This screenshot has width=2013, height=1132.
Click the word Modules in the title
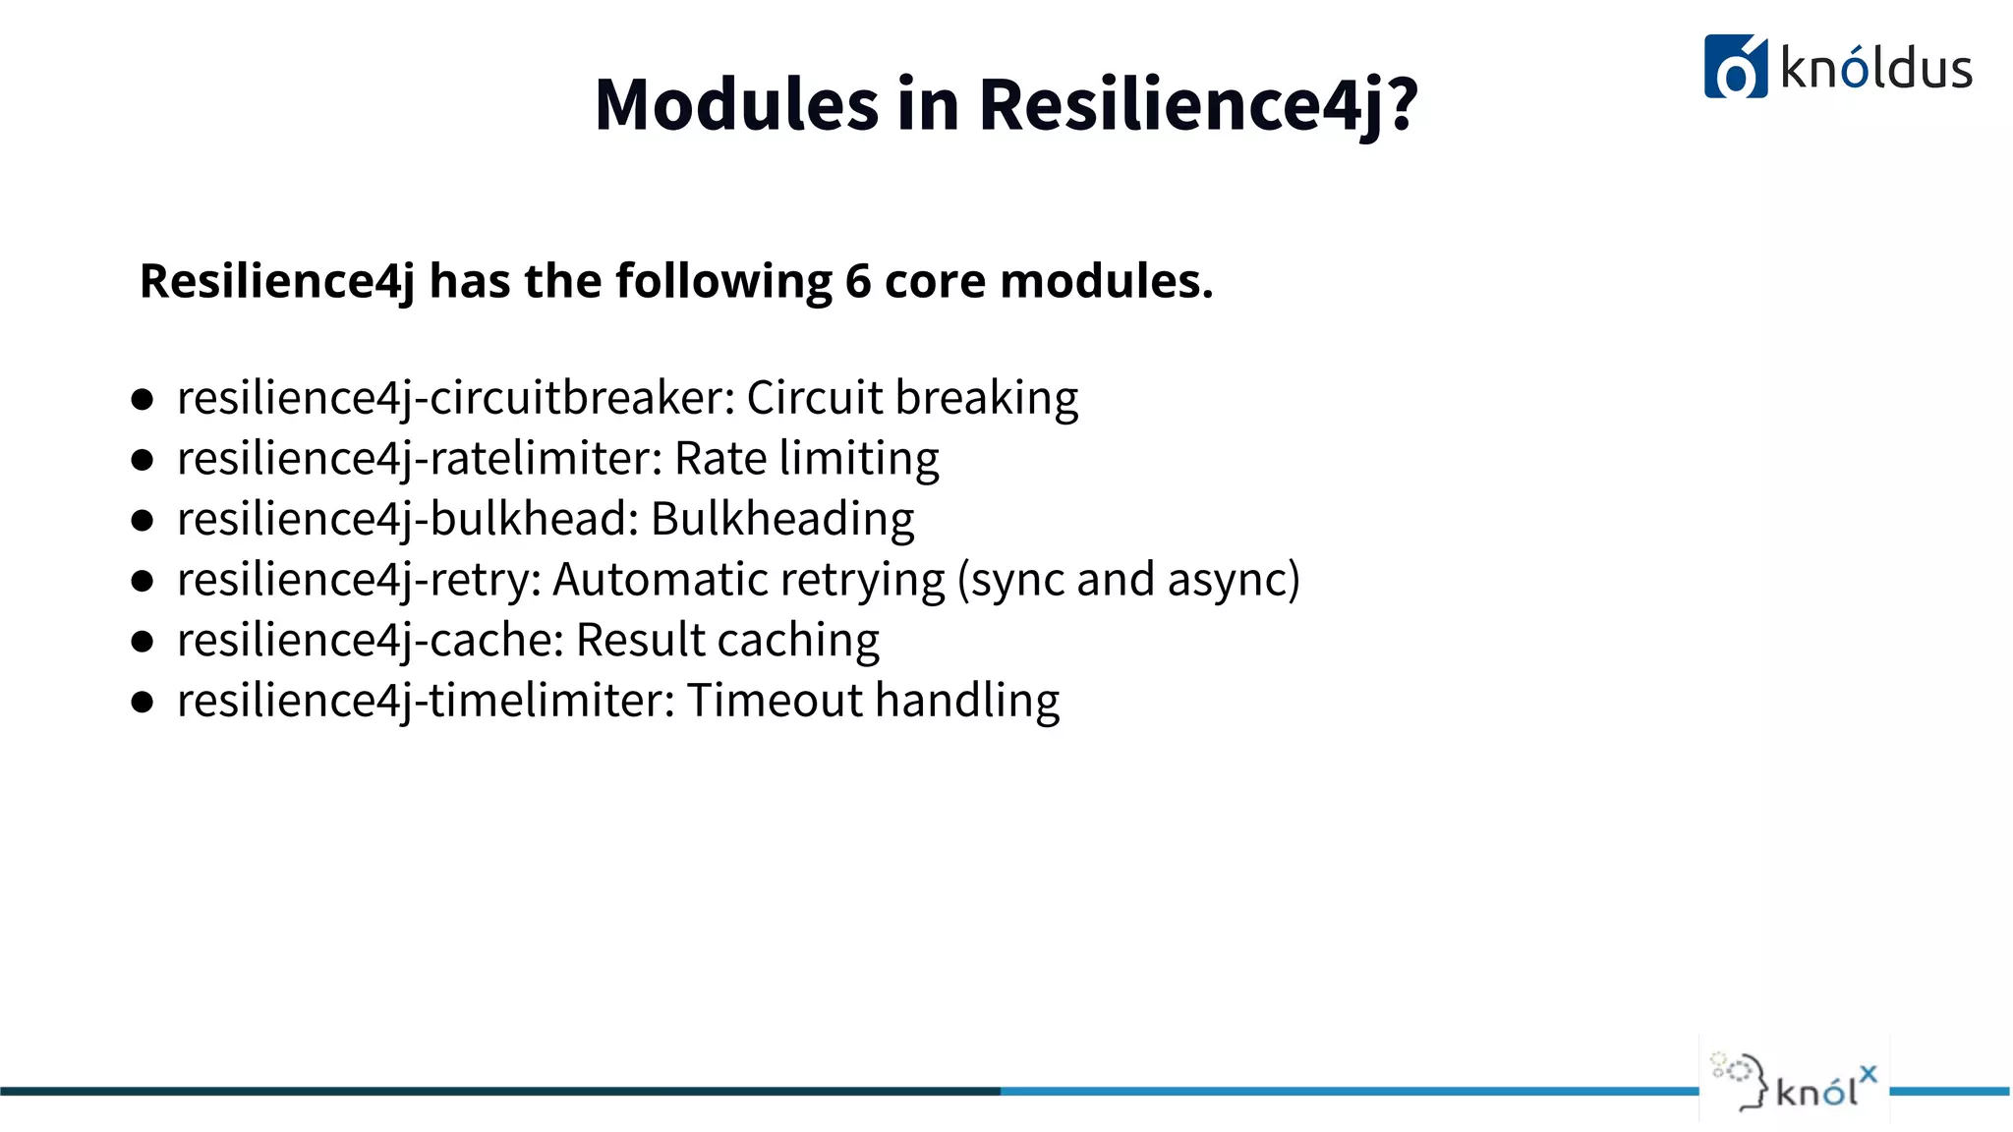[736, 105]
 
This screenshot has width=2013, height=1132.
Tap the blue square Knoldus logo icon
[1735, 67]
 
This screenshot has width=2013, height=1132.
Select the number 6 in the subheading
[858, 281]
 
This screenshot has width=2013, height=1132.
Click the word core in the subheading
[935, 281]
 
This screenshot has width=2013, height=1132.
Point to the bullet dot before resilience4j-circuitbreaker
[143, 399]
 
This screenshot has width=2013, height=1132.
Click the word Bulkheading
[782, 520]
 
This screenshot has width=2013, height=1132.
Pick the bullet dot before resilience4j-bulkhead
[143, 520]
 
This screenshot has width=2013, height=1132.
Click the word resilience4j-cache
[370, 641]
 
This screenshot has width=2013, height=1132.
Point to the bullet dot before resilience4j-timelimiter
[143, 702]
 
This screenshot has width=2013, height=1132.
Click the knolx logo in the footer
[1795, 1081]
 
